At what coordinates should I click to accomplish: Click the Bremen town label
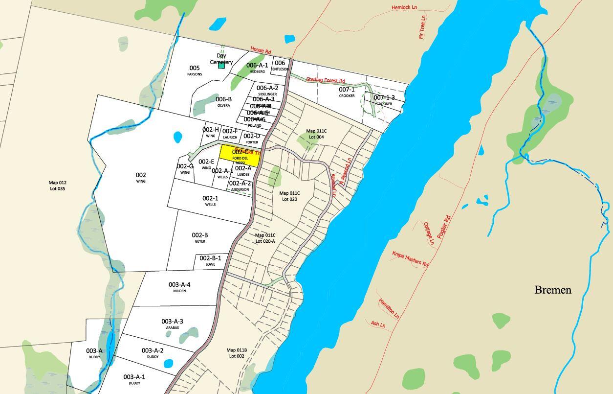click(552, 290)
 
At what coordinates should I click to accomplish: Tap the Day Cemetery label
click(221, 59)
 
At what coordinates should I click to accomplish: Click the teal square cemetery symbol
click(221, 66)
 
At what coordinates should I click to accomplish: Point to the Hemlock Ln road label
click(404, 7)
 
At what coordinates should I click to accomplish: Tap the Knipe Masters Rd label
click(410, 258)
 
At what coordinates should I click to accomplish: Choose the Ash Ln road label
click(378, 324)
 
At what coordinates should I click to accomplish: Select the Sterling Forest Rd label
click(326, 80)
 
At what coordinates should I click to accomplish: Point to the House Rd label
click(261, 50)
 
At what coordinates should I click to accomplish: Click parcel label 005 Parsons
click(195, 70)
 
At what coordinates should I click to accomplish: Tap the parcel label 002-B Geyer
click(200, 237)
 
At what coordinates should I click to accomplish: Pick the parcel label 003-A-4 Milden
click(179, 287)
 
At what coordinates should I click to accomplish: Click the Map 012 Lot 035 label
click(57, 185)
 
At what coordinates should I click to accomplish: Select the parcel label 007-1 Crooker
click(347, 92)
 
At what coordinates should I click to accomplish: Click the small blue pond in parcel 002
click(177, 137)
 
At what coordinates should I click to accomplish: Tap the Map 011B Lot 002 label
click(237, 353)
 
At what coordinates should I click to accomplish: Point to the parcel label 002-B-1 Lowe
click(210, 260)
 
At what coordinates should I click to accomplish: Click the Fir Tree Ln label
click(422, 27)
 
